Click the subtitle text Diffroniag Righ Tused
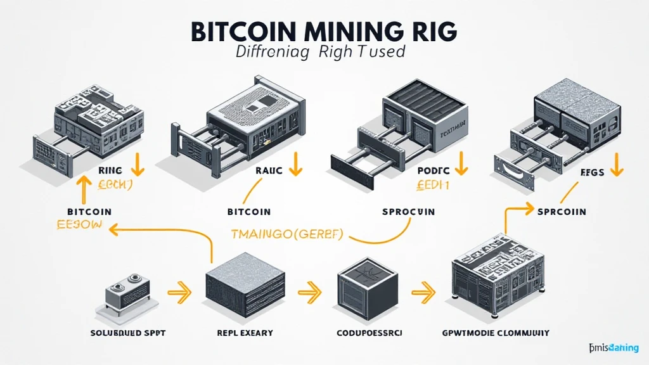tap(320, 52)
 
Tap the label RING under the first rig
tap(110, 170)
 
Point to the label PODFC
tap(433, 170)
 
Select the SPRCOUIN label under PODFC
tap(408, 212)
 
